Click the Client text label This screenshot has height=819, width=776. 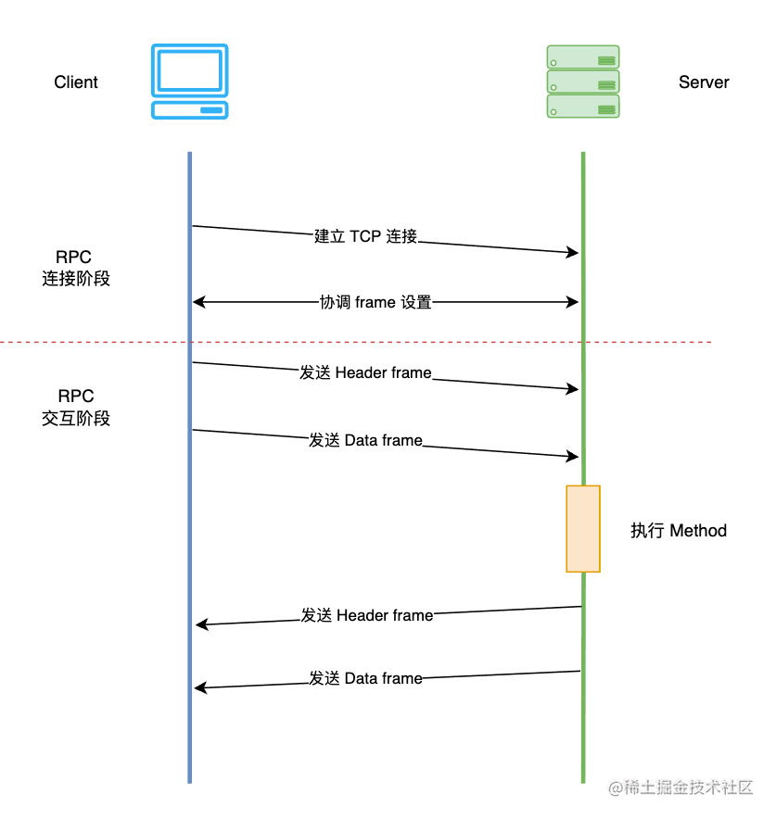[x=76, y=82]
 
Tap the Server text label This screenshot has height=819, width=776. [x=704, y=82]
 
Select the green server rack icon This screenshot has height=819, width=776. [x=583, y=82]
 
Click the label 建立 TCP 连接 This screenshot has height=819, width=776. [x=366, y=236]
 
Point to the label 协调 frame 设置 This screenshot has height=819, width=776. [x=375, y=302]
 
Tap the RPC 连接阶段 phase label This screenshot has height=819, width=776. [x=76, y=268]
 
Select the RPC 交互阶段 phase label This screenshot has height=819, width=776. [x=76, y=408]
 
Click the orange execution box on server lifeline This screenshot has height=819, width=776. [x=583, y=528]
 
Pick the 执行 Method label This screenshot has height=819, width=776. [x=679, y=531]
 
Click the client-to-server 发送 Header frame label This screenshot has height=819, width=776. [x=365, y=373]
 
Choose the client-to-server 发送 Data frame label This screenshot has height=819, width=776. [x=365, y=441]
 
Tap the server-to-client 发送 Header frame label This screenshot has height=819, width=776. [x=367, y=615]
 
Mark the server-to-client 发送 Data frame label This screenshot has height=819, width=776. [x=365, y=678]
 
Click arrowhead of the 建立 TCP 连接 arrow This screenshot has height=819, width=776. [x=574, y=252]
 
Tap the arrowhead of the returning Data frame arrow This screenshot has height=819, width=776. [x=199, y=687]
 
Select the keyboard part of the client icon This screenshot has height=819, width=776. [x=190, y=109]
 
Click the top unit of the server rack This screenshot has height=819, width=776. [x=583, y=57]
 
